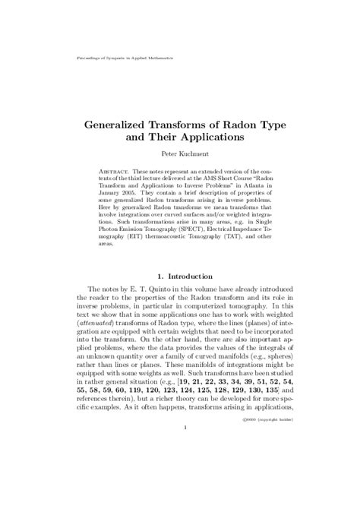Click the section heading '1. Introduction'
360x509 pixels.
point(180,292)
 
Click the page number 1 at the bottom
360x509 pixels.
point(180,490)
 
